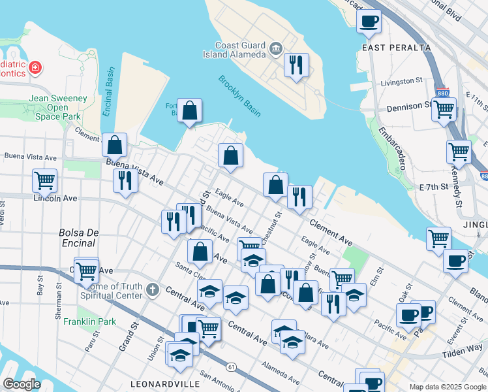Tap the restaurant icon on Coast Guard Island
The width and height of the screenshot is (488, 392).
(x=296, y=65)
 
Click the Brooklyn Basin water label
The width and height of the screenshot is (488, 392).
(x=239, y=97)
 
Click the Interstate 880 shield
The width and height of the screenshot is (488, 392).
(x=443, y=92)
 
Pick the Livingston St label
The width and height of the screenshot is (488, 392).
(x=401, y=81)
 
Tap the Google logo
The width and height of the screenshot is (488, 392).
(x=22, y=384)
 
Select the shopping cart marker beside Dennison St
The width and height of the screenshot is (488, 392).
(x=444, y=109)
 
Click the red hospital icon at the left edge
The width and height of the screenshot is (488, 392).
(x=34, y=67)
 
